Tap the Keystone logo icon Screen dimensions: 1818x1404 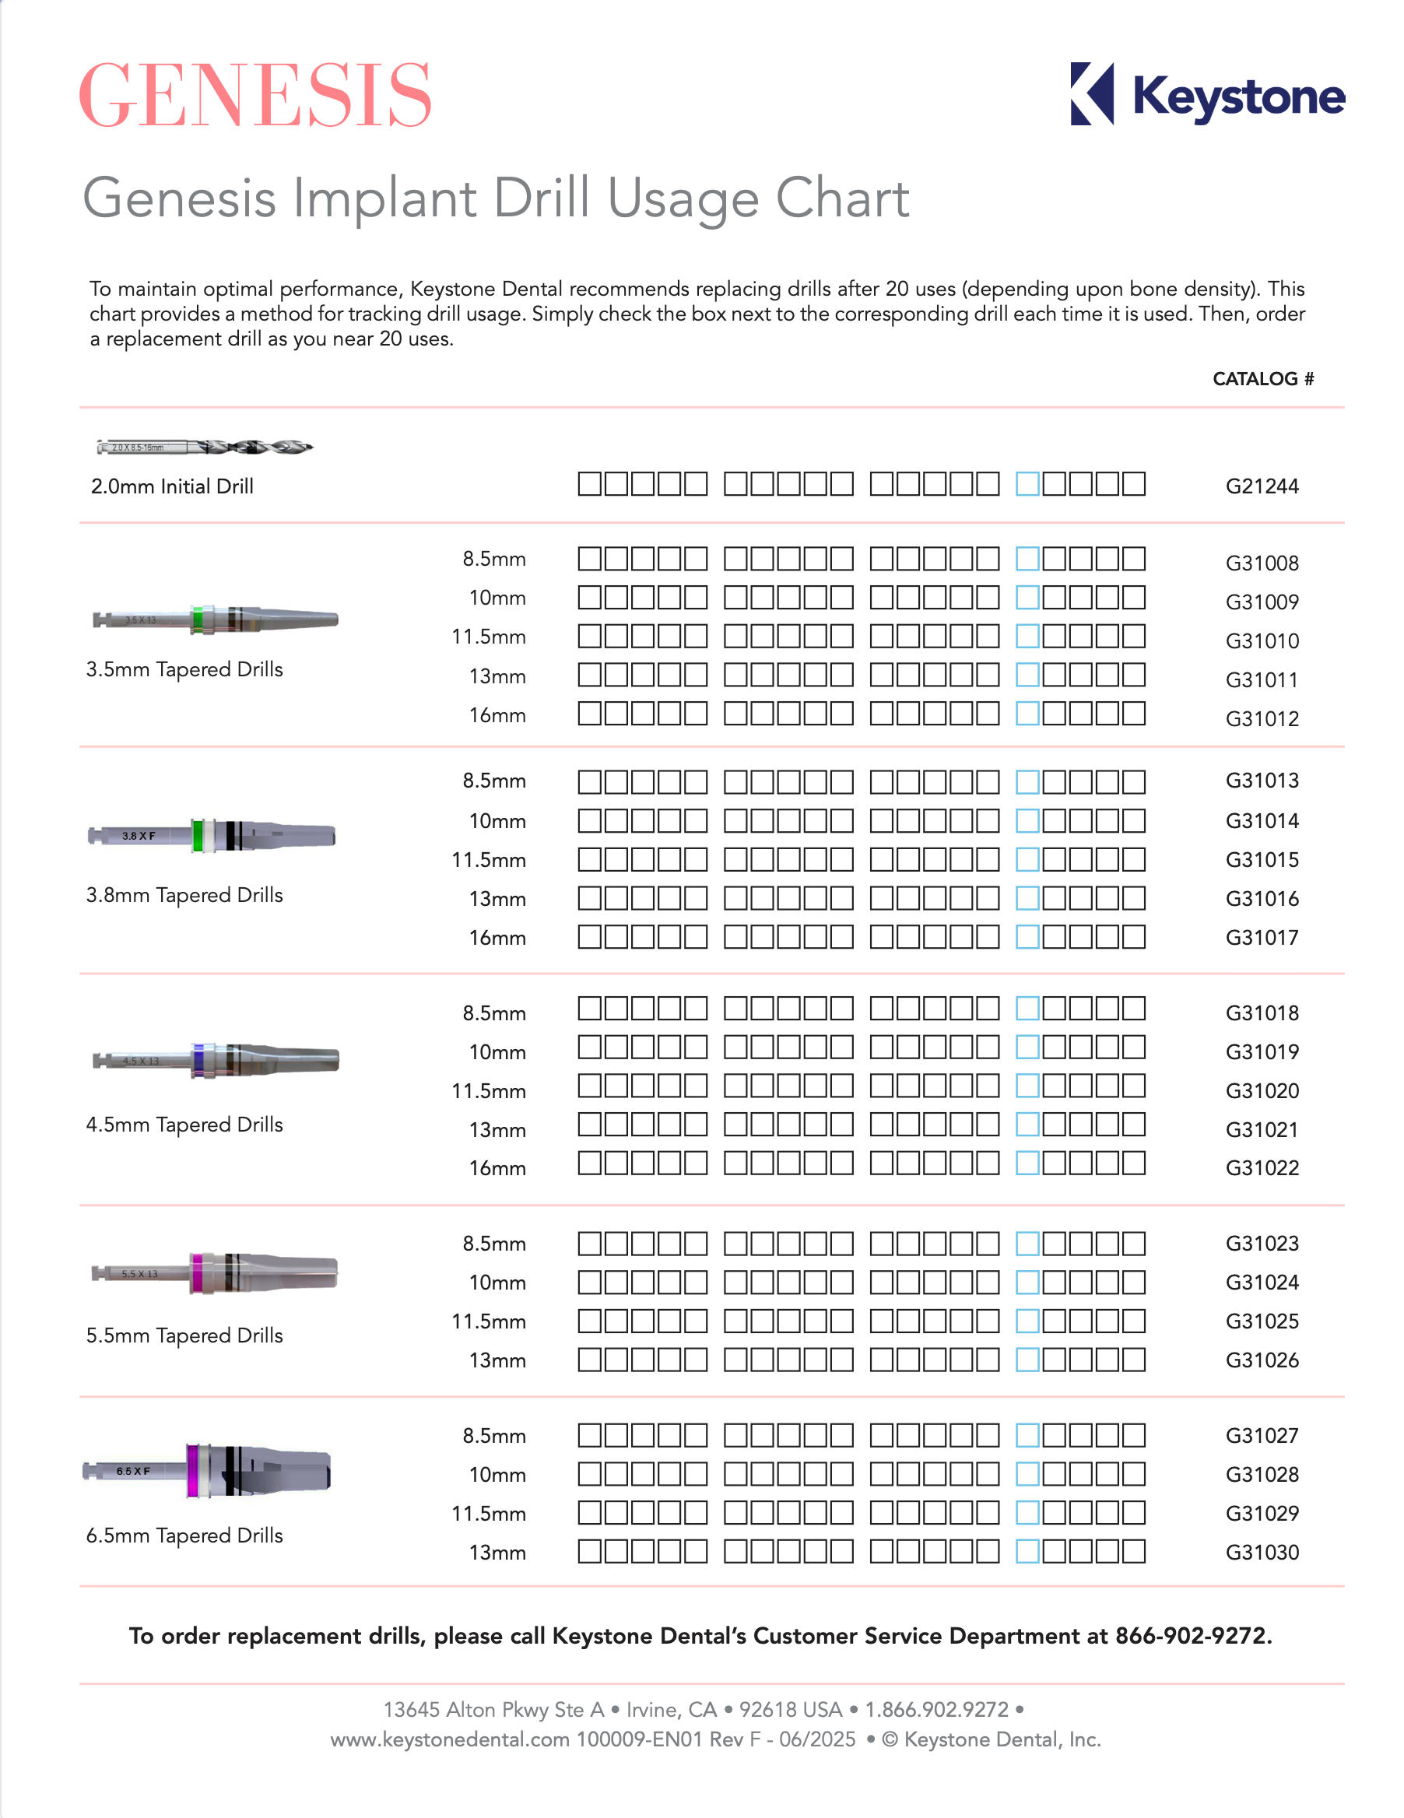1091,94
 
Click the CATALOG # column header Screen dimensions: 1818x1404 1262,379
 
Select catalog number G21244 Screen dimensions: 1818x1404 1261,486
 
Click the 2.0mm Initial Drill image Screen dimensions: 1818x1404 204,447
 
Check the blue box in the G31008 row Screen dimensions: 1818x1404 1027,559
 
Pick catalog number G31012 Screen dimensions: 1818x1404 1261,718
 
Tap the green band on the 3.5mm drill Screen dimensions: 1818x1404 198,620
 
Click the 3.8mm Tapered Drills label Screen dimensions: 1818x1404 184,895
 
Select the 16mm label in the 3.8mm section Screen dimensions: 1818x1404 497,938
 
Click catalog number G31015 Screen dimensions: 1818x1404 1261,860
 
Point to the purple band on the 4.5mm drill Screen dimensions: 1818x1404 198,1061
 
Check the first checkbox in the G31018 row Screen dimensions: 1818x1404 589,1009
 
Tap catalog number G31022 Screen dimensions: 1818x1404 1261,1168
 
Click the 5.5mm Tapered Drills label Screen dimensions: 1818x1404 184,1335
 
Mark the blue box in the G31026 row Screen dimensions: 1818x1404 1027,1360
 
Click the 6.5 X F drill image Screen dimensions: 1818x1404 208,1471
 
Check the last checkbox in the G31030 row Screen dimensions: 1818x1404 1132,1552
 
